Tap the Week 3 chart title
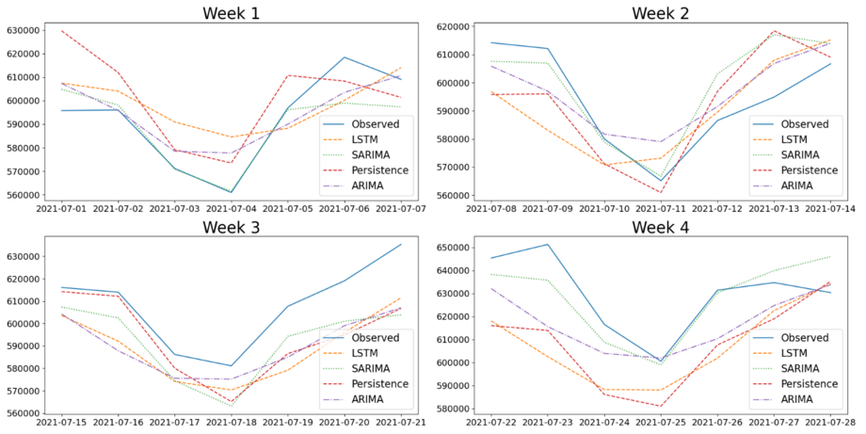(x=232, y=227)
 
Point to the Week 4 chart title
(x=660, y=227)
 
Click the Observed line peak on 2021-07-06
(x=345, y=57)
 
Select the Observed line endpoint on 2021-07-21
(x=401, y=245)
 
